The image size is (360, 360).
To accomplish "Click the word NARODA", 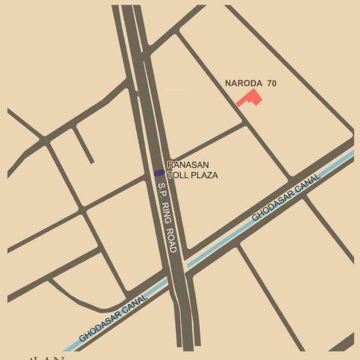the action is pyautogui.click(x=243, y=83).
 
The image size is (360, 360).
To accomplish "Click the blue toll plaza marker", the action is pyautogui.click(x=159, y=173).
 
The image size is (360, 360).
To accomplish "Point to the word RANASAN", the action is pyautogui.click(x=188, y=165).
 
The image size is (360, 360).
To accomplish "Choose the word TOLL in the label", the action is pyautogui.click(x=178, y=175).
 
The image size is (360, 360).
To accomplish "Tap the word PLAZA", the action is pyautogui.click(x=204, y=175).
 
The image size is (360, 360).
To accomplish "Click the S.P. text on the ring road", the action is pyautogui.click(x=163, y=190).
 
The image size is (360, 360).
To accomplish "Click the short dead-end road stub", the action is pyautogui.click(x=83, y=145).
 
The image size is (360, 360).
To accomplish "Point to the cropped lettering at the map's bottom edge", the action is pyautogui.click(x=48, y=358).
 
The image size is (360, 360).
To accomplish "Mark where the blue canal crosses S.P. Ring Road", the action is pyautogui.click(x=178, y=270).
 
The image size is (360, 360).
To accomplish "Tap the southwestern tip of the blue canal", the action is pyautogui.click(x=66, y=349).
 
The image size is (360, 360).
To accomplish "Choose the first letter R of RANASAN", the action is pyautogui.click(x=170, y=165).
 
